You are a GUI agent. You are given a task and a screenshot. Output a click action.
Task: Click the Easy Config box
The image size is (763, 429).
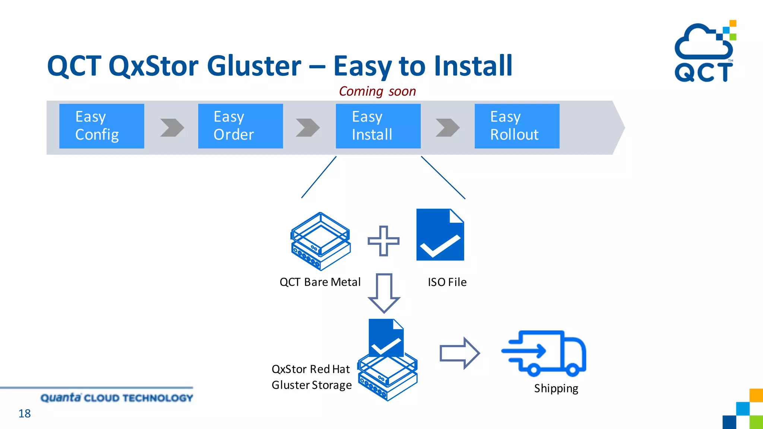[x=101, y=126]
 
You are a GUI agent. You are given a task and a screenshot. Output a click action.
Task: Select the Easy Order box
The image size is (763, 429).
[x=240, y=126]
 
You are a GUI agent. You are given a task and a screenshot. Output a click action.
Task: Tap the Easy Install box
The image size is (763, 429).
[x=378, y=126]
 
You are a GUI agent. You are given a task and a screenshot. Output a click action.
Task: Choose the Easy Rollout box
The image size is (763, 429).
[x=517, y=126]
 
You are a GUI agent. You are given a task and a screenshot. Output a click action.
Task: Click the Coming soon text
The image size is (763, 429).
[x=377, y=91]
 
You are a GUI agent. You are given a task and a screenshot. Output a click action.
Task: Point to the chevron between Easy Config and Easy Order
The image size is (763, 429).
[x=172, y=128]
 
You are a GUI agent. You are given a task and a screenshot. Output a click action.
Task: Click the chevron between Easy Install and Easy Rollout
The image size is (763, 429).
[x=447, y=128]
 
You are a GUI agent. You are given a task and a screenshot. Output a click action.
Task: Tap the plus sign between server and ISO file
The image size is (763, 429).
[x=383, y=241]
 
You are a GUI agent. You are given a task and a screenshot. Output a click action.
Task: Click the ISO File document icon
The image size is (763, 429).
[x=440, y=235]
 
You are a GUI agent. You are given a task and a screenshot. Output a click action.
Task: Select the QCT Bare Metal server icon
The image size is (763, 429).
[x=320, y=241]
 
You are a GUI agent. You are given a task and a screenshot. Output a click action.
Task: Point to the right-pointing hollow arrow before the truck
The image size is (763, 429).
[x=459, y=353]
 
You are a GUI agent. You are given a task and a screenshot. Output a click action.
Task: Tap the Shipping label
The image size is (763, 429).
[x=556, y=388]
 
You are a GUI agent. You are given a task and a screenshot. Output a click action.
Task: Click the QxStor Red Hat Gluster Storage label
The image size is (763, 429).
[x=311, y=377]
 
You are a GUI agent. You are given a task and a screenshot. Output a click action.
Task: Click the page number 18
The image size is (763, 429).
[x=25, y=413]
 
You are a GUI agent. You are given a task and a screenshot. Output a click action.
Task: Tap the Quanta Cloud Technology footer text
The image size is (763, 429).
[x=117, y=398]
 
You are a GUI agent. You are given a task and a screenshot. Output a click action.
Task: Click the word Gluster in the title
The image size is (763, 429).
[x=254, y=66]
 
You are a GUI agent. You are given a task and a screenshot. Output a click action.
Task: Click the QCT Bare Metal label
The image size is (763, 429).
[x=320, y=282]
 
